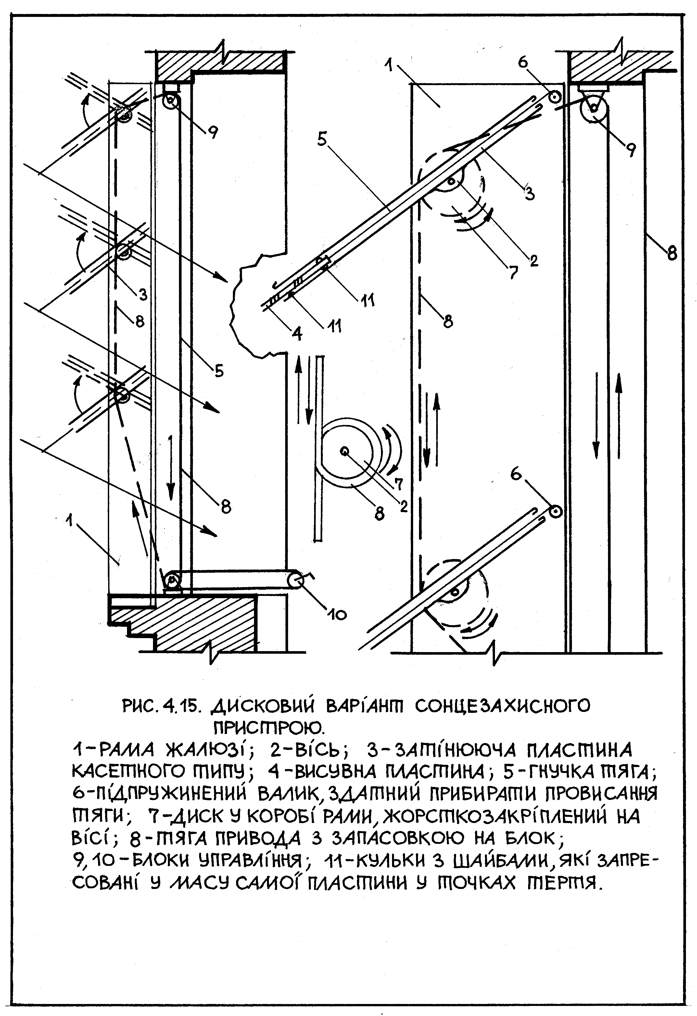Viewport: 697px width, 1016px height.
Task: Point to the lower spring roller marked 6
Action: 555,511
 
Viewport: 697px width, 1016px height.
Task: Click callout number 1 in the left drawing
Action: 69,521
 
